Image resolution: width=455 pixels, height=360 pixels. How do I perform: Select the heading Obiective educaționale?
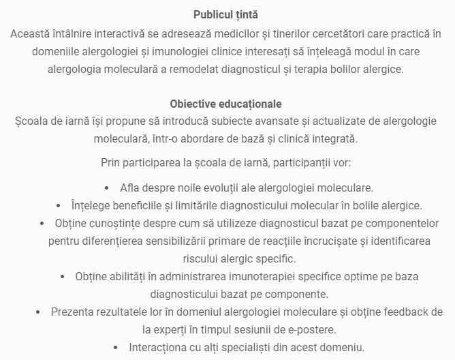(x=225, y=104)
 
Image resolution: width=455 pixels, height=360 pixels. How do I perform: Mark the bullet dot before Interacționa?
(x=115, y=347)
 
